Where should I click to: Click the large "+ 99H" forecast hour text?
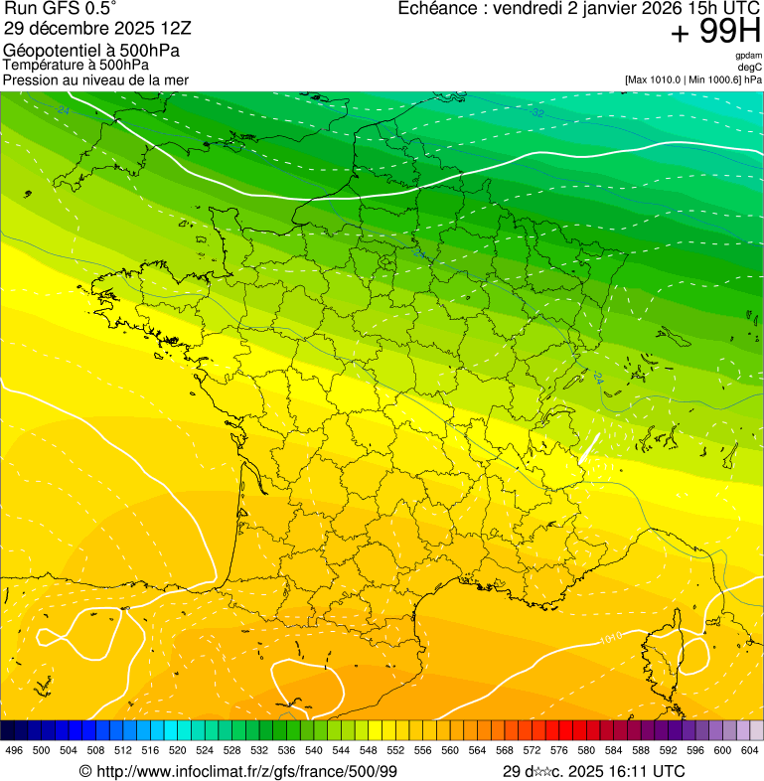pyautogui.click(x=715, y=32)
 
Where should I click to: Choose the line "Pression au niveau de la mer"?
pyautogui.click(x=95, y=79)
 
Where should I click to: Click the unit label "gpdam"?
pyautogui.click(x=748, y=57)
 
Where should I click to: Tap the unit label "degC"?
pyautogui.click(x=750, y=67)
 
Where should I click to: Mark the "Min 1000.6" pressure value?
pyautogui.click(x=715, y=79)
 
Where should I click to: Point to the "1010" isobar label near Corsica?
pyautogui.click(x=611, y=636)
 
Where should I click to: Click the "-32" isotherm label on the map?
pyautogui.click(x=537, y=113)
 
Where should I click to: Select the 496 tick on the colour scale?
pyautogui.click(x=14, y=750)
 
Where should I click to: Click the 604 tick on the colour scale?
pyautogui.click(x=750, y=750)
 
